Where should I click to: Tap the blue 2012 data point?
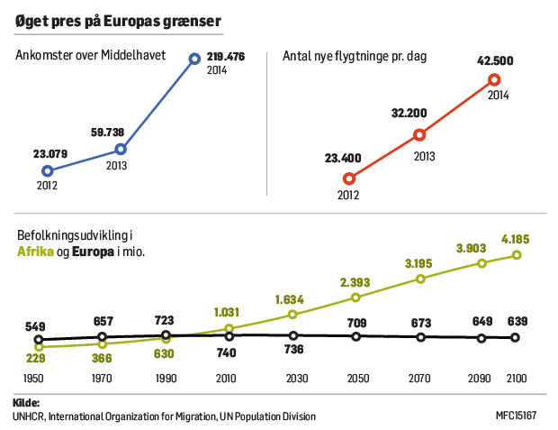pyautogui.click(x=48, y=170)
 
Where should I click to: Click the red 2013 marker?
pyautogui.click(x=419, y=135)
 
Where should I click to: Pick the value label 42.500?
pyautogui.click(x=495, y=62)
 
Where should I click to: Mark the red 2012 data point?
pyautogui.click(x=349, y=178)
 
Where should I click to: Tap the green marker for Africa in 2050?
pyautogui.click(x=356, y=297)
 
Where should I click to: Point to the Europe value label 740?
pyautogui.click(x=227, y=353)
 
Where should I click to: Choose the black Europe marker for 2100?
pyautogui.click(x=516, y=338)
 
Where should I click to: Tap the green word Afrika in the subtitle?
pyautogui.click(x=35, y=252)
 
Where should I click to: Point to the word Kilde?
pyautogui.click(x=28, y=401)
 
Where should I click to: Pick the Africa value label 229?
pyautogui.click(x=38, y=358)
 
